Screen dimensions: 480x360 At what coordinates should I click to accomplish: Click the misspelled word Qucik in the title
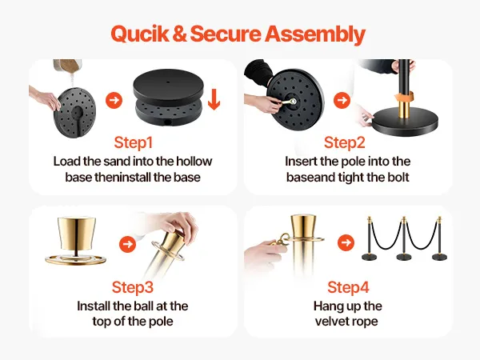(x=139, y=34)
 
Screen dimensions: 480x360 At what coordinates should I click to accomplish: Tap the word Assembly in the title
(x=315, y=34)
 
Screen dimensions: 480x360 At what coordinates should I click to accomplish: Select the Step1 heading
(x=133, y=142)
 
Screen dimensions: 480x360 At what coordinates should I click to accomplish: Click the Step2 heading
(x=344, y=142)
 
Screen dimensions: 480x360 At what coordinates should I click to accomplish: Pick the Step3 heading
(x=132, y=287)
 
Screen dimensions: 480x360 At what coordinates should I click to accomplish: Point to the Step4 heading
(x=348, y=287)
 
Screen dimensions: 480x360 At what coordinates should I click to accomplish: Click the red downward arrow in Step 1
(x=214, y=99)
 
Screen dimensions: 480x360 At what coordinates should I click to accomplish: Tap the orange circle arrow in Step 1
(x=114, y=100)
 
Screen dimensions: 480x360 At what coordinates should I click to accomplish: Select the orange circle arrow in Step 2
(x=342, y=100)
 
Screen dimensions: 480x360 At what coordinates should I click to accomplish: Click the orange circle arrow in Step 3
(x=127, y=244)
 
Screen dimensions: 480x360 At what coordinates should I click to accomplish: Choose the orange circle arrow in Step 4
(x=346, y=242)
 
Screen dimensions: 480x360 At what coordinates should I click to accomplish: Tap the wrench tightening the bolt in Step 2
(x=288, y=102)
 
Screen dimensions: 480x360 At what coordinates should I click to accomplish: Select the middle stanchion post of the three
(x=404, y=238)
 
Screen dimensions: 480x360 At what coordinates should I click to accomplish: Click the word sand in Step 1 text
(x=116, y=162)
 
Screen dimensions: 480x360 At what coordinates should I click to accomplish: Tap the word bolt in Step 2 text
(x=397, y=178)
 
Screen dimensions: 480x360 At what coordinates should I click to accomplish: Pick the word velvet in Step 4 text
(x=329, y=322)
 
